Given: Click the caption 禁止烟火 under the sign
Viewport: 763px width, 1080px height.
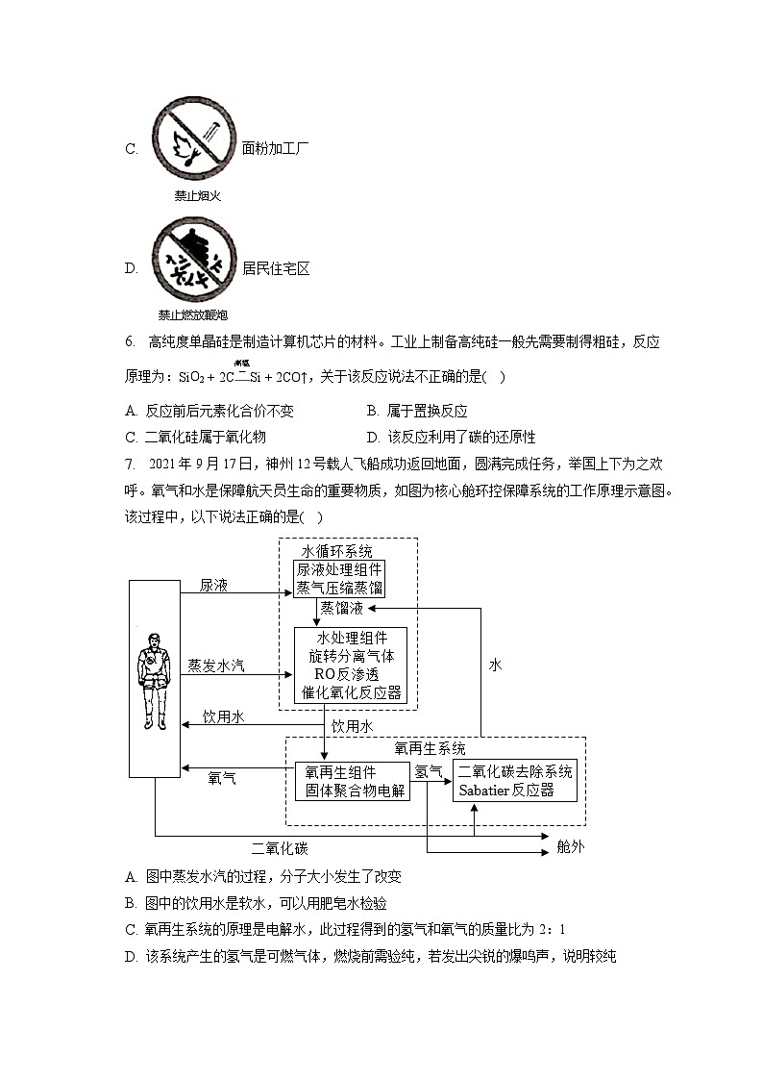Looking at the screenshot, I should [x=197, y=196].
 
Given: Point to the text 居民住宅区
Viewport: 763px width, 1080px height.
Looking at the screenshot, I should [x=276, y=268].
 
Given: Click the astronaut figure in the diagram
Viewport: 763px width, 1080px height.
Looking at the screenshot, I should [x=153, y=679].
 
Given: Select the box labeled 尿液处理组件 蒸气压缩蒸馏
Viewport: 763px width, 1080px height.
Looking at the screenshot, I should [x=339, y=578].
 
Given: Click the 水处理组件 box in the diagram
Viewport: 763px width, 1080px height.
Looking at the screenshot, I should [x=351, y=665].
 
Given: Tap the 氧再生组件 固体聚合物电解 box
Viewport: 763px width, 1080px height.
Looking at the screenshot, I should [x=352, y=781].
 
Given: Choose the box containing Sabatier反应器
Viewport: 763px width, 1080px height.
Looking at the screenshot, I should [x=516, y=780].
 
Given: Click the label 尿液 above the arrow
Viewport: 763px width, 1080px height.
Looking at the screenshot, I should [x=213, y=585].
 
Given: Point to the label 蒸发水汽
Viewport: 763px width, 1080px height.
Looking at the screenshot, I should [x=215, y=665].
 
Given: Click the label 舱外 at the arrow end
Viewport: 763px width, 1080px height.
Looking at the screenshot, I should [x=571, y=846].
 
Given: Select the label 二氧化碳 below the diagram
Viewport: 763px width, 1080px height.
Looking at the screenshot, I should [x=280, y=848].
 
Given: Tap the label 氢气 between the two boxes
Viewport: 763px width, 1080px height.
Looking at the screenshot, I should [x=429, y=771].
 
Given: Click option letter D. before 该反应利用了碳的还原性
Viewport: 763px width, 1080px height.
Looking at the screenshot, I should [x=373, y=437].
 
